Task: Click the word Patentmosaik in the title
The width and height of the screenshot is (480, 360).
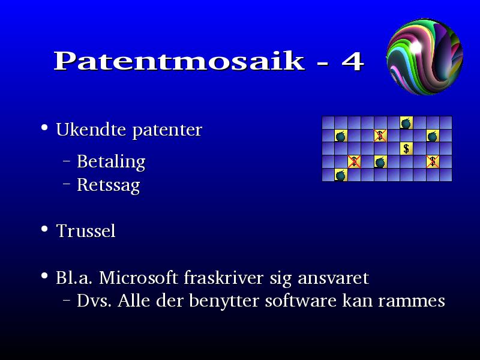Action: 179,61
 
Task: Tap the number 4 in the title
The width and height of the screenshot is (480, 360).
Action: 353,61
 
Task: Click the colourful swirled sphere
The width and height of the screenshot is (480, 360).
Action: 425,56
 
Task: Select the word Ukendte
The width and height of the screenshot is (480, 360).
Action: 91,130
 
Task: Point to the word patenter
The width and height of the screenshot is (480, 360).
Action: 167,130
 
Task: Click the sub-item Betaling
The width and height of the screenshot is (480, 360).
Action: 111,161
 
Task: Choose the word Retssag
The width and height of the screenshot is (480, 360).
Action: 109,185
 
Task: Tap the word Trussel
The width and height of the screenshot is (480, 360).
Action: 86,230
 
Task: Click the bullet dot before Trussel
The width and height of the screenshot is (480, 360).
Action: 44,229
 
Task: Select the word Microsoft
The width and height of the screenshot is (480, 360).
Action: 139,278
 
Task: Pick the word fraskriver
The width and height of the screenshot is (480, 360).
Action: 224,278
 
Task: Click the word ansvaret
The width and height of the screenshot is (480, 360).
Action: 334,278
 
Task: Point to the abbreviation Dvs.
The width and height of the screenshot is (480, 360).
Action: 94,301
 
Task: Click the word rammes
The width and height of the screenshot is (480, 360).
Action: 412,302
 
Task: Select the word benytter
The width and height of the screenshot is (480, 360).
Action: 224,301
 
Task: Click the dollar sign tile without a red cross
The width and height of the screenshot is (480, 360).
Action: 406,148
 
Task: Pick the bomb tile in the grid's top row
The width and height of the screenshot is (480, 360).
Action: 406,123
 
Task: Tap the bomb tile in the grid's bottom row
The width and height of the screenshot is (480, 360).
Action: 341,175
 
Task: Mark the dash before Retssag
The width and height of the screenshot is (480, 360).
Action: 67,184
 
